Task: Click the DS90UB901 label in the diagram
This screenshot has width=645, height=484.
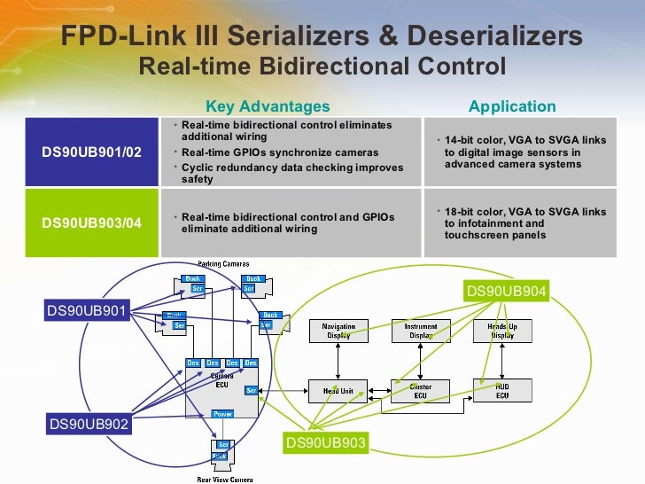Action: (x=88, y=310)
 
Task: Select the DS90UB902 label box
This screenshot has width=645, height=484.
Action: (x=88, y=425)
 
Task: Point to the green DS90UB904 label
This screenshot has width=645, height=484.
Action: (x=507, y=291)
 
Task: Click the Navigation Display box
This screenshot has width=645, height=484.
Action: (x=338, y=332)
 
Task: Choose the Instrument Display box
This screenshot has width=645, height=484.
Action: (x=421, y=332)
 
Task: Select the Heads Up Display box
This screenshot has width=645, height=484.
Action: (x=502, y=332)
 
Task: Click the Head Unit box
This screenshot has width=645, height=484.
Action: (x=338, y=391)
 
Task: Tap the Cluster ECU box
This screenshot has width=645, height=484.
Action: (x=421, y=391)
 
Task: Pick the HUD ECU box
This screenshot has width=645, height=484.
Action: (x=502, y=391)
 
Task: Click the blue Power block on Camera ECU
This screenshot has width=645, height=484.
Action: (x=223, y=414)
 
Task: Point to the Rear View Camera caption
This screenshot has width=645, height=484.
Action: (x=224, y=479)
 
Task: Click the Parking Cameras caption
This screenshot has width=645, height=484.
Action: (x=223, y=264)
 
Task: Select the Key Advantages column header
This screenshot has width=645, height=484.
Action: (x=267, y=106)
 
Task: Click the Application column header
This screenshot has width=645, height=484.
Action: (x=512, y=106)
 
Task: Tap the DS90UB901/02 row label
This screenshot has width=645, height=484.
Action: (x=92, y=152)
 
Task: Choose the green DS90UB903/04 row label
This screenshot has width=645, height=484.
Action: (x=92, y=222)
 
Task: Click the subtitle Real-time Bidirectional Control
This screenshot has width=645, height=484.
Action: (x=322, y=66)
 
